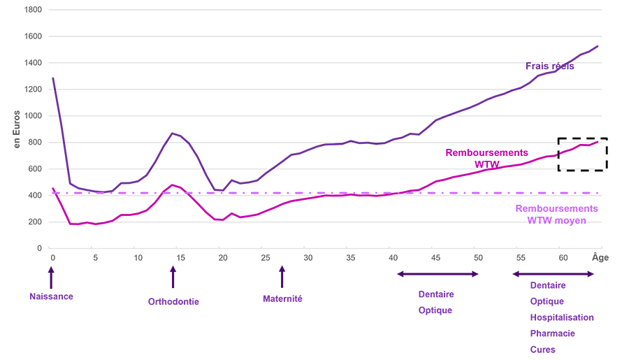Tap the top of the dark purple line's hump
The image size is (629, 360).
pos(175,131)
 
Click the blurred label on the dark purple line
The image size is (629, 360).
pos(550,70)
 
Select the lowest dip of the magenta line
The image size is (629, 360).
pos(88,228)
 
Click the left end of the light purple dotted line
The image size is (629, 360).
pos(49,185)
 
